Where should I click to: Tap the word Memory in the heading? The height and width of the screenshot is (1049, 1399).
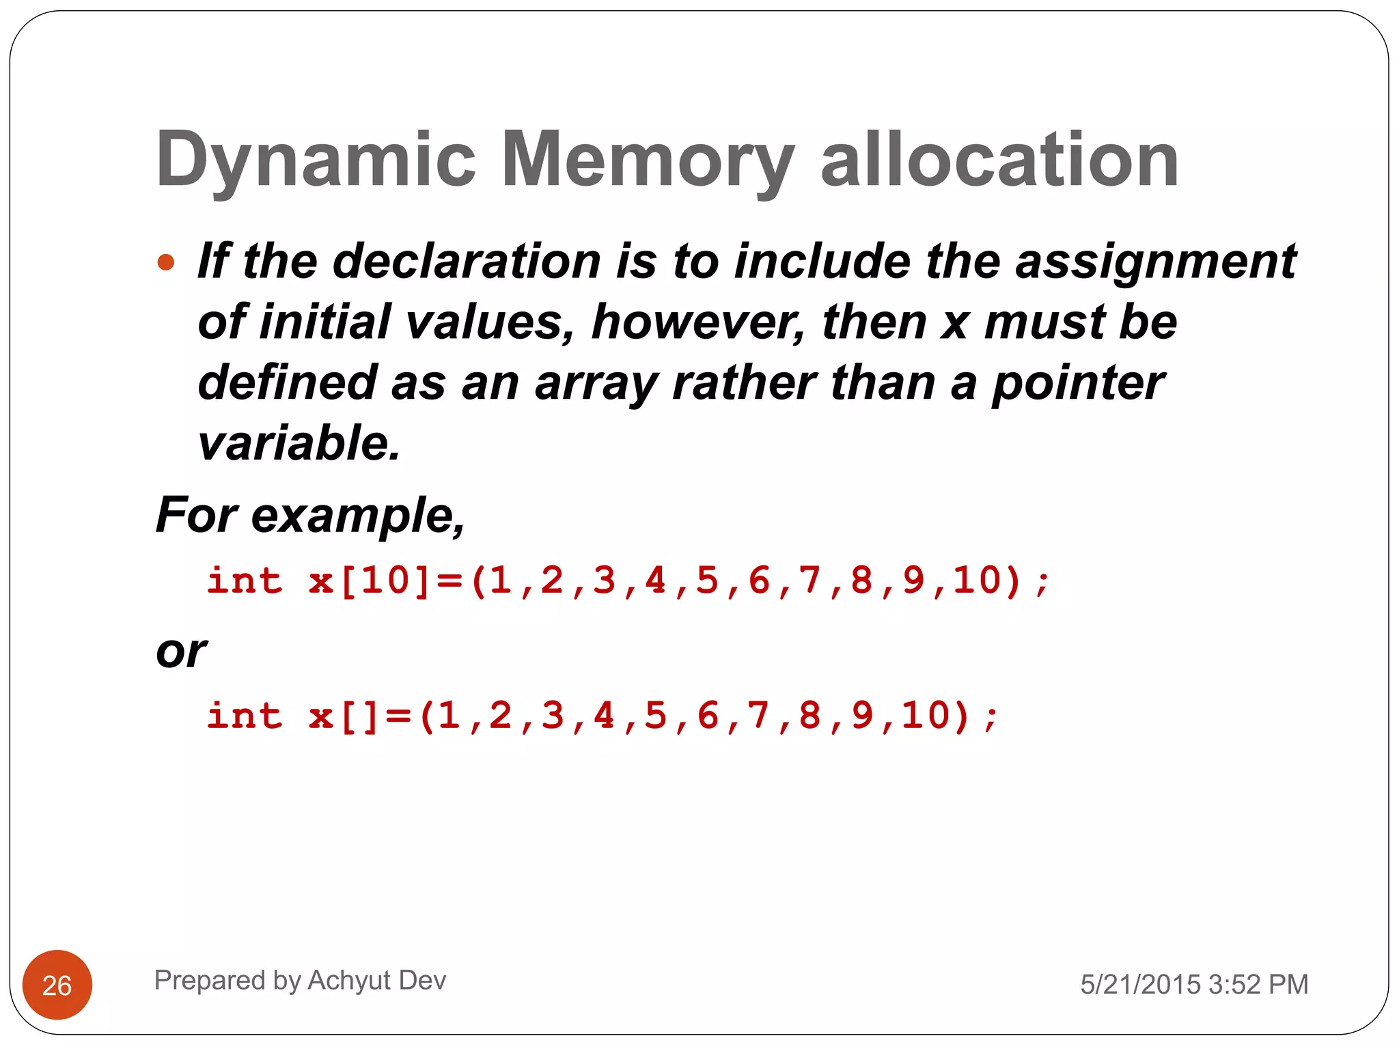(x=648, y=160)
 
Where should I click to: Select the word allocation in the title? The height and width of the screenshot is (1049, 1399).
(x=999, y=160)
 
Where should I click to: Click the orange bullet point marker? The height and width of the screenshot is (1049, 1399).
(x=166, y=262)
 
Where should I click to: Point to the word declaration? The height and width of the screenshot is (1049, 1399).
(x=467, y=262)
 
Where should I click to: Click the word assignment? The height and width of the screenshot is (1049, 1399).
(x=1155, y=262)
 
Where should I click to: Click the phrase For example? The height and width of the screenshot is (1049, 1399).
(x=310, y=515)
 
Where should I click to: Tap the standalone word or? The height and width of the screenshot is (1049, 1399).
(x=181, y=652)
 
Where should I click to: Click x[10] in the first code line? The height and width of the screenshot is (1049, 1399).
(x=369, y=581)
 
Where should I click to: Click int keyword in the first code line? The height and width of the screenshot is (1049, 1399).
(x=245, y=581)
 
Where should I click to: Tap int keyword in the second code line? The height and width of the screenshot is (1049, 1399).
(x=245, y=716)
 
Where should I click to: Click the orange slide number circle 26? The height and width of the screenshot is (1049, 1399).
(x=57, y=985)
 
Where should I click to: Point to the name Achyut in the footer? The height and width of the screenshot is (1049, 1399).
(x=349, y=981)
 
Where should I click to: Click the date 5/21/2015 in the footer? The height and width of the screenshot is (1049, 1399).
(x=1140, y=985)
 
